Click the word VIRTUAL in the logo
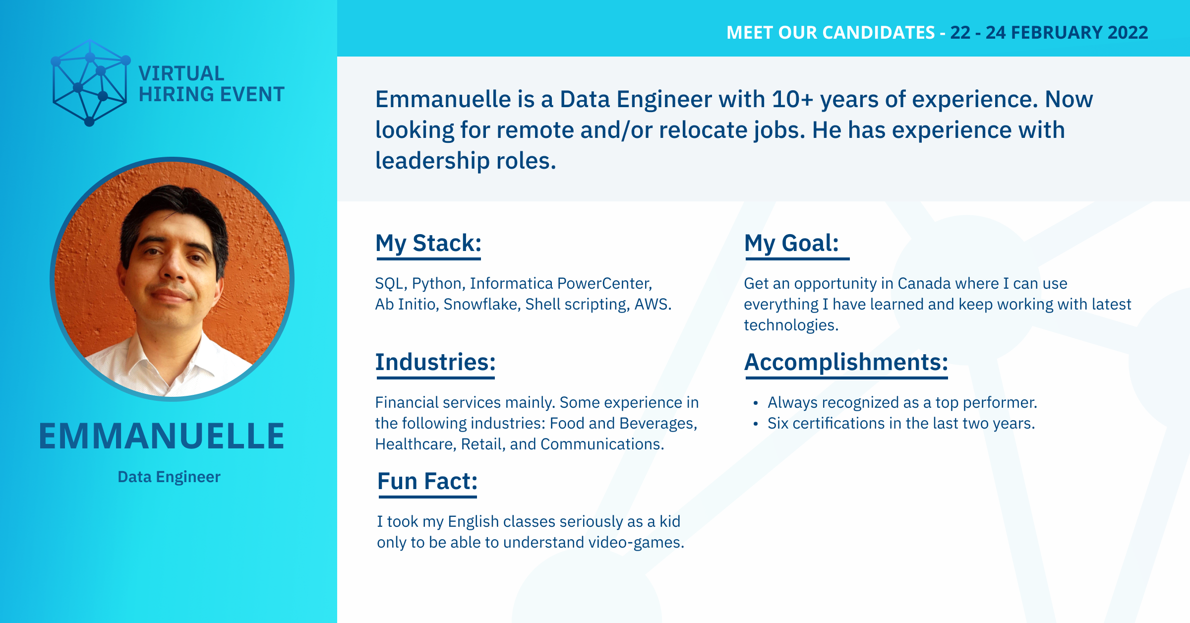[181, 73]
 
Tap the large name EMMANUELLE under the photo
[162, 436]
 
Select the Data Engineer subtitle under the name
[169, 477]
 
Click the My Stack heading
[428, 243]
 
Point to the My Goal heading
[791, 243]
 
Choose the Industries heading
[435, 362]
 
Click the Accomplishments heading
[846, 362]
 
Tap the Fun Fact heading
[427, 481]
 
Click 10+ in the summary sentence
[792, 99]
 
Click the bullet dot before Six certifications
[756, 424]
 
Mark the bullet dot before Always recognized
[756, 403]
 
